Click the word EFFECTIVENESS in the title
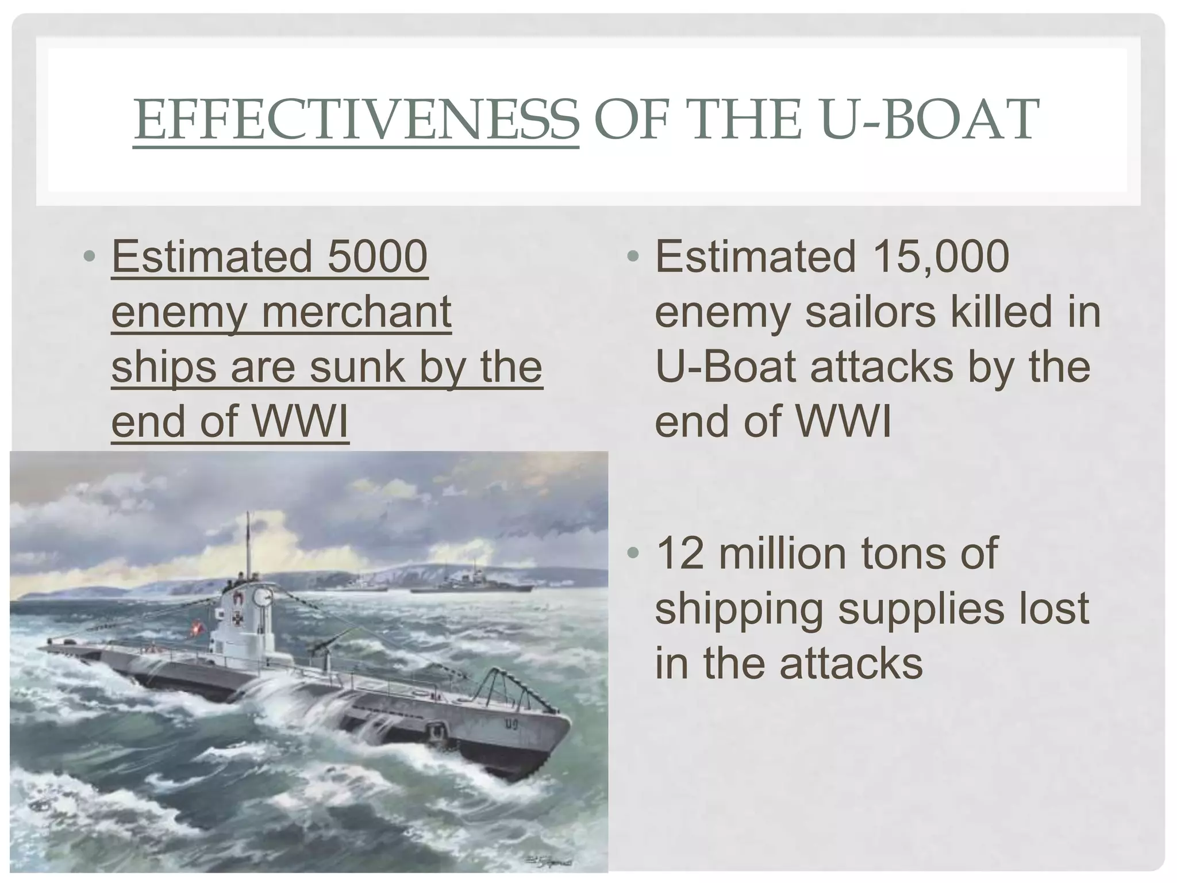coord(356,120)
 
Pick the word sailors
coord(870,312)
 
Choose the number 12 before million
coord(679,553)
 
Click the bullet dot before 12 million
coord(633,553)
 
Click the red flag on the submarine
coord(201,624)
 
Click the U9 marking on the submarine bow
coord(511,725)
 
